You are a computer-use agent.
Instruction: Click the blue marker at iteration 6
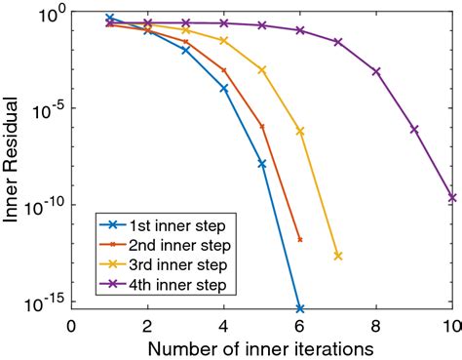(299, 308)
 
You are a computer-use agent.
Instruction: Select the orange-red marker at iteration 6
(299, 239)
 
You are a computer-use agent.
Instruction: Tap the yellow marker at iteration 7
(338, 256)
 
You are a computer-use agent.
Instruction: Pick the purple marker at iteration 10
(452, 197)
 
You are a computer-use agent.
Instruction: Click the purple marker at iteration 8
(376, 71)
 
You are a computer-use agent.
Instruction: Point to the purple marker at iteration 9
(414, 129)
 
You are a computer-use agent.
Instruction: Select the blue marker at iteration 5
(262, 163)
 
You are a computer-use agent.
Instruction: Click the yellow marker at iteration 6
(300, 131)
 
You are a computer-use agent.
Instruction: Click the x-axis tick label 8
(376, 325)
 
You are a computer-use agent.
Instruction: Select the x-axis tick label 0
(70, 325)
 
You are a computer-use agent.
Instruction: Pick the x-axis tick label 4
(223, 325)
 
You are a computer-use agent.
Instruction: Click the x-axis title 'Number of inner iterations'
(260, 347)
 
